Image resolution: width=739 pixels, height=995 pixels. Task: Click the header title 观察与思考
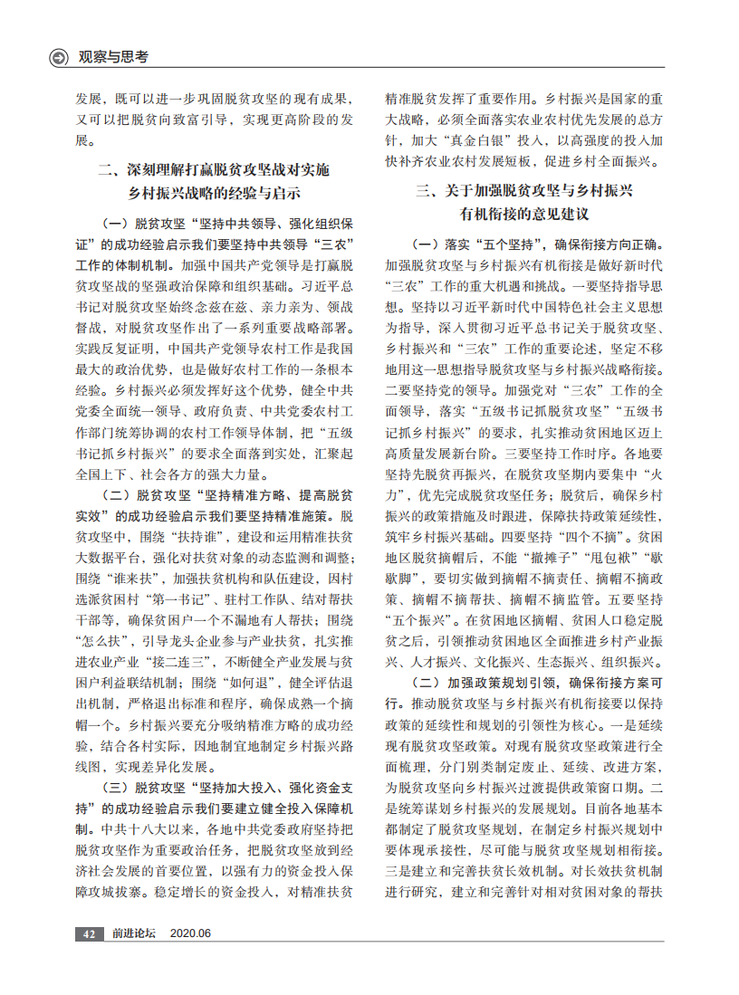tap(113, 57)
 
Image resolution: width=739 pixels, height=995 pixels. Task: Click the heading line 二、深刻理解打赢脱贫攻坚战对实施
tap(214, 169)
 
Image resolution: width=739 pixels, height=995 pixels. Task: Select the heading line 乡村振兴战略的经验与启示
tap(214, 193)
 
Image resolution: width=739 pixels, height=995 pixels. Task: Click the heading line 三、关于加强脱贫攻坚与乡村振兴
tap(524, 191)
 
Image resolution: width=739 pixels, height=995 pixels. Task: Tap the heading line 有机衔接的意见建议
tap(524, 215)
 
